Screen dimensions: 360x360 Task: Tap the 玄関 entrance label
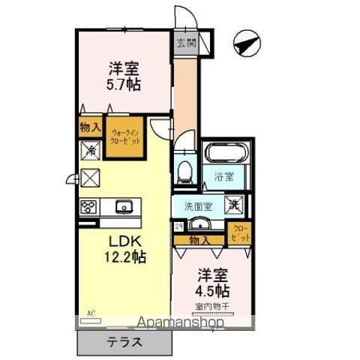pyautogui.click(x=185, y=43)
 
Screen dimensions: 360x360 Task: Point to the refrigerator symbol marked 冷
pyautogui.click(x=89, y=150)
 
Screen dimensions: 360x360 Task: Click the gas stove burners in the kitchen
pyautogui.click(x=88, y=206)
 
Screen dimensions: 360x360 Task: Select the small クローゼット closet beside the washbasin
pyautogui.click(x=241, y=232)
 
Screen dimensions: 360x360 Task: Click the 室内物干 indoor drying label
pyautogui.click(x=214, y=306)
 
